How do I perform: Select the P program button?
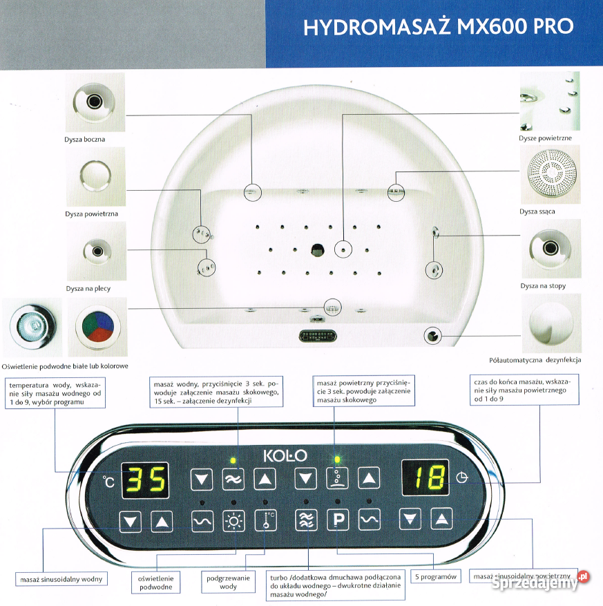coord(338,520)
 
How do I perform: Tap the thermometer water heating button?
coord(265,520)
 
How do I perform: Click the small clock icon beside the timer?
coord(461,477)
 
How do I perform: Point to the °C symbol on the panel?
coord(109,481)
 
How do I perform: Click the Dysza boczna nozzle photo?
coord(95,102)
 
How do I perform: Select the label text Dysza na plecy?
coord(88,288)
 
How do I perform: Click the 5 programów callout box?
coord(435,576)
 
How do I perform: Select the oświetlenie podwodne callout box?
coord(156,582)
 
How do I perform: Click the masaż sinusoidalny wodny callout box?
coord(61,578)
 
